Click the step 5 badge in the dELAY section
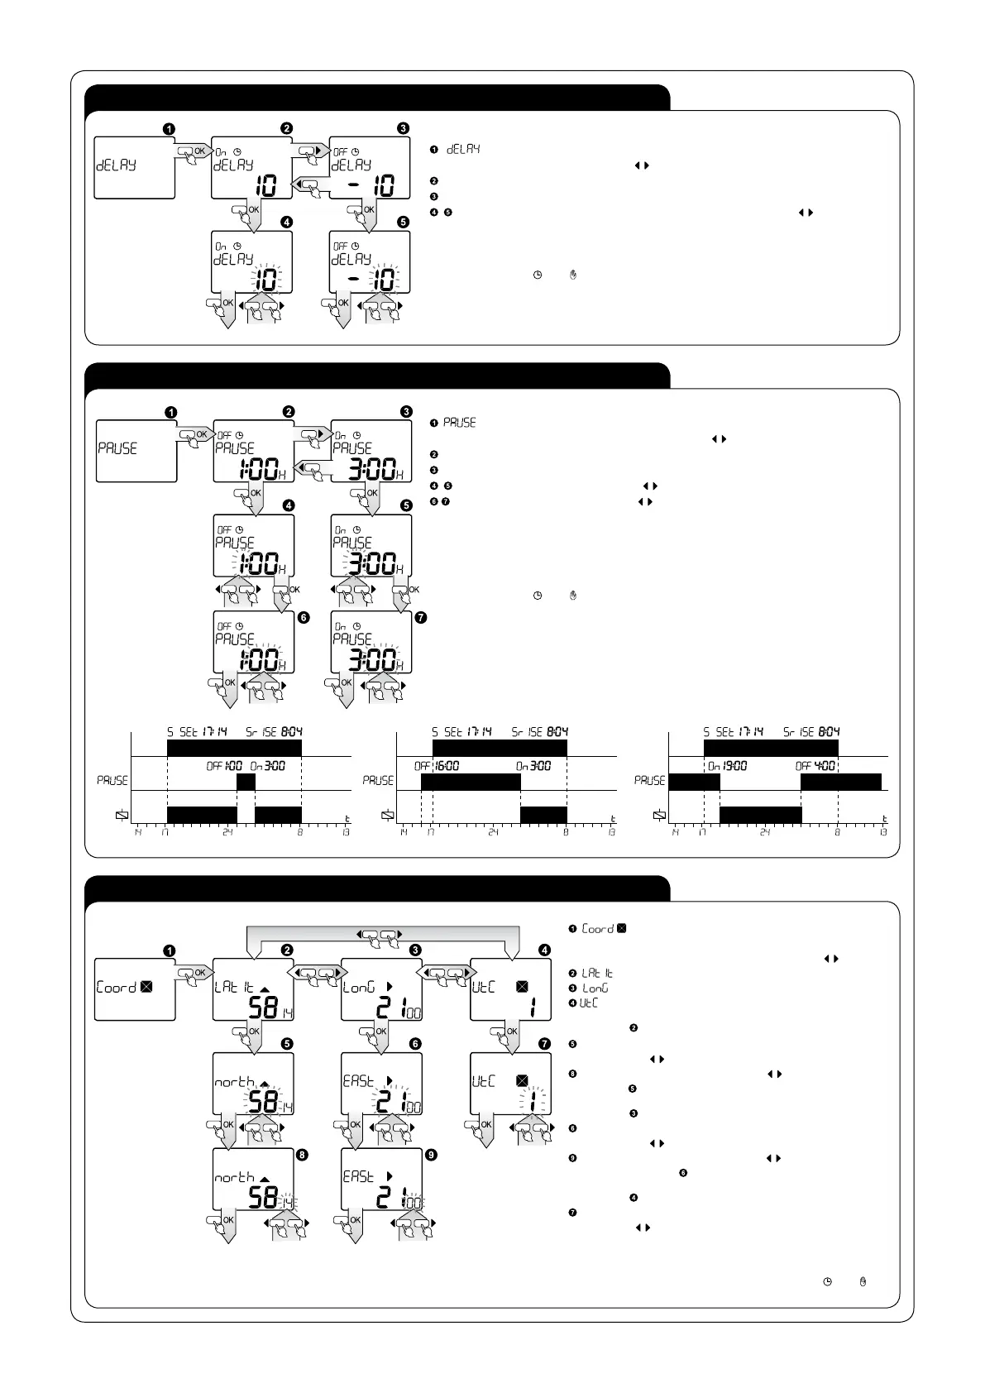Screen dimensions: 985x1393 [x=403, y=222]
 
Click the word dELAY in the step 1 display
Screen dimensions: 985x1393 [x=116, y=165]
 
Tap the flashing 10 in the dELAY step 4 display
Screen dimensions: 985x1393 [x=265, y=280]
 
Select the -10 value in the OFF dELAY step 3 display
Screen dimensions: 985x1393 [x=372, y=185]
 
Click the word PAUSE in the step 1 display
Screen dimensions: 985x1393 [x=118, y=448]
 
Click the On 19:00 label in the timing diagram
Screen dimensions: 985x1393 [x=727, y=766]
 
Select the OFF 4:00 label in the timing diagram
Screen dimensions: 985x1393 [x=815, y=766]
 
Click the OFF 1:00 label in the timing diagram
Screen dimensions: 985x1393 [x=224, y=766]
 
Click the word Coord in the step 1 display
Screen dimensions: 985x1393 [x=117, y=987]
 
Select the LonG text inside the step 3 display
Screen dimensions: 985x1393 [x=359, y=987]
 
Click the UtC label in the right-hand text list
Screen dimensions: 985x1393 [x=588, y=1003]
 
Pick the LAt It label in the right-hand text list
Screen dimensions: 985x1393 [x=597, y=973]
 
